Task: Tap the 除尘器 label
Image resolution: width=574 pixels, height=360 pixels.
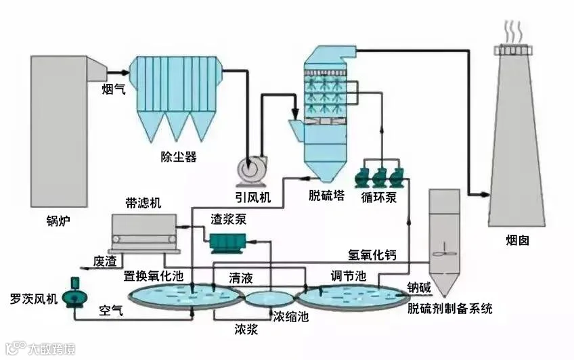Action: [x=179, y=157]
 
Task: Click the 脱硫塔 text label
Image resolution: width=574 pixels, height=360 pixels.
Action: [x=326, y=196]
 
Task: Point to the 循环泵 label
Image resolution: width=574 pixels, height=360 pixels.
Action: [x=379, y=198]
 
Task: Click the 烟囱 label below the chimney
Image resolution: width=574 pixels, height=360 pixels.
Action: [x=517, y=240]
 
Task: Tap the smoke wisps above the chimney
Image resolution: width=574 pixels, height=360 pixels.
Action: [x=513, y=32]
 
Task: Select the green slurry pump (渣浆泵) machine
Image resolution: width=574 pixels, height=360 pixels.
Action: [x=227, y=243]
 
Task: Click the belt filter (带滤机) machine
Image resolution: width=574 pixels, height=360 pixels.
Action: [x=145, y=233]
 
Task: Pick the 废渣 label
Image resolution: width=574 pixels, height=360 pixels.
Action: [x=105, y=261]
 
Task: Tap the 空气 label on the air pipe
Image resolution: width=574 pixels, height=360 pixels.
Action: [x=111, y=311]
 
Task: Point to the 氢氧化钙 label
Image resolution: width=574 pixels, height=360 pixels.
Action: [x=372, y=255]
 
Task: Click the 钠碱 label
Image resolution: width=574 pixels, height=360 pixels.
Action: [x=419, y=288]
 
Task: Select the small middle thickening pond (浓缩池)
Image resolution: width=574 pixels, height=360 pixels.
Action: [x=269, y=298]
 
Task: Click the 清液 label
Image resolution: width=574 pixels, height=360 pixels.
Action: [x=241, y=278]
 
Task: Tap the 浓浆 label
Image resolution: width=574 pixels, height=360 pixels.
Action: [x=246, y=330]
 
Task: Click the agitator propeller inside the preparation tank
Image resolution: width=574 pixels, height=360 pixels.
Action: [x=444, y=252]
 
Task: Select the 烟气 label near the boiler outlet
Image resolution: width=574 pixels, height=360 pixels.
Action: [x=114, y=89]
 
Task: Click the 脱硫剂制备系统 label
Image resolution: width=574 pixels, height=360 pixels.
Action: [x=450, y=309]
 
